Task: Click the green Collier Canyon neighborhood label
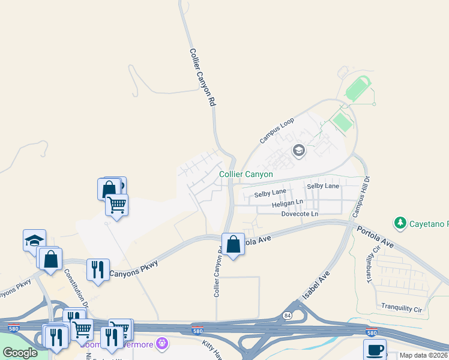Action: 246,175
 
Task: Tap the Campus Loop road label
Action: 278,130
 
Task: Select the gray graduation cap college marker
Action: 299,150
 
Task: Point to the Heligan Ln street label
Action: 288,204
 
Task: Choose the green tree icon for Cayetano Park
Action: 400,224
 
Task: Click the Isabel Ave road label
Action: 316,286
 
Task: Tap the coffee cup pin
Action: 375,350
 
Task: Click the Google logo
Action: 20,353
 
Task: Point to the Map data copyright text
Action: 424,355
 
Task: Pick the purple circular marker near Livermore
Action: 161,343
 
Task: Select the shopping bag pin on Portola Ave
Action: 233,244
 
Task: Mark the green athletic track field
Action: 358,89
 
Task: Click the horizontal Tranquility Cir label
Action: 402,308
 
